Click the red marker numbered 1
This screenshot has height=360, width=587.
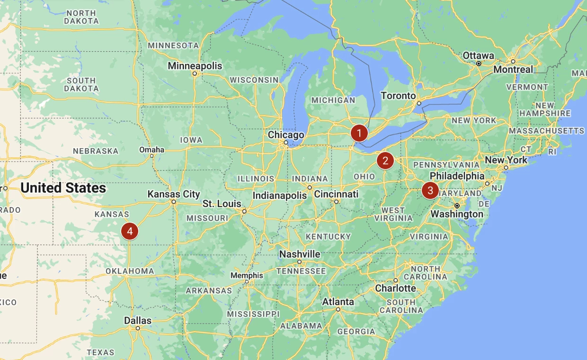(359, 134)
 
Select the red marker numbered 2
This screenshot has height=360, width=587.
(385, 161)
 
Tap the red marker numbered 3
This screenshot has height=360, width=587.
(430, 190)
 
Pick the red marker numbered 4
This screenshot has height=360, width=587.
(130, 231)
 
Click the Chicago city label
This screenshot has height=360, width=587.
(286, 135)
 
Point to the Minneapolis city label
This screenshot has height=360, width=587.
(195, 66)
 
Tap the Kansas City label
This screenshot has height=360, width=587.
(174, 194)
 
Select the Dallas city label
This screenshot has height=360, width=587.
(138, 321)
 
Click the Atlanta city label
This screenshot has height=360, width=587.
(338, 302)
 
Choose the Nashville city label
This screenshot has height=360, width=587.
(300, 254)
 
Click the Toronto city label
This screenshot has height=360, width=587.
(398, 96)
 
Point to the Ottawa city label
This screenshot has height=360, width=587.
(478, 55)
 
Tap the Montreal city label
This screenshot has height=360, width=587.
(513, 70)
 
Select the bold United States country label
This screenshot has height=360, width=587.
(63, 188)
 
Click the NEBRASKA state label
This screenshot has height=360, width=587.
(96, 151)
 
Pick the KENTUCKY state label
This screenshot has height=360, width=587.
(329, 236)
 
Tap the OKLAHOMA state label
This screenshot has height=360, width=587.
(130, 271)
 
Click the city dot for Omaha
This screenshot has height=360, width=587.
(152, 156)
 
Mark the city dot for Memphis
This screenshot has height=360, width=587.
(247, 282)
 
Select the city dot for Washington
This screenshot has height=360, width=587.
(457, 206)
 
